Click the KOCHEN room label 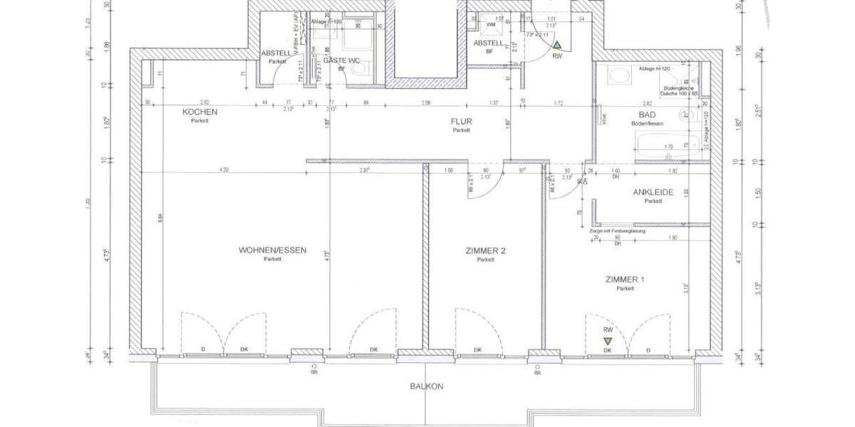pos(199,112)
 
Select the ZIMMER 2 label pos(485,251)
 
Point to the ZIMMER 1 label pos(625,279)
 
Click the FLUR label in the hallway pos(461,121)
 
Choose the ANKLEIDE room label pos(653,192)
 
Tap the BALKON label pos(427,387)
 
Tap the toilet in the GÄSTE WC pos(358,68)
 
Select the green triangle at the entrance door pos(556,45)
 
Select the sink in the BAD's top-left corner pos(616,74)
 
